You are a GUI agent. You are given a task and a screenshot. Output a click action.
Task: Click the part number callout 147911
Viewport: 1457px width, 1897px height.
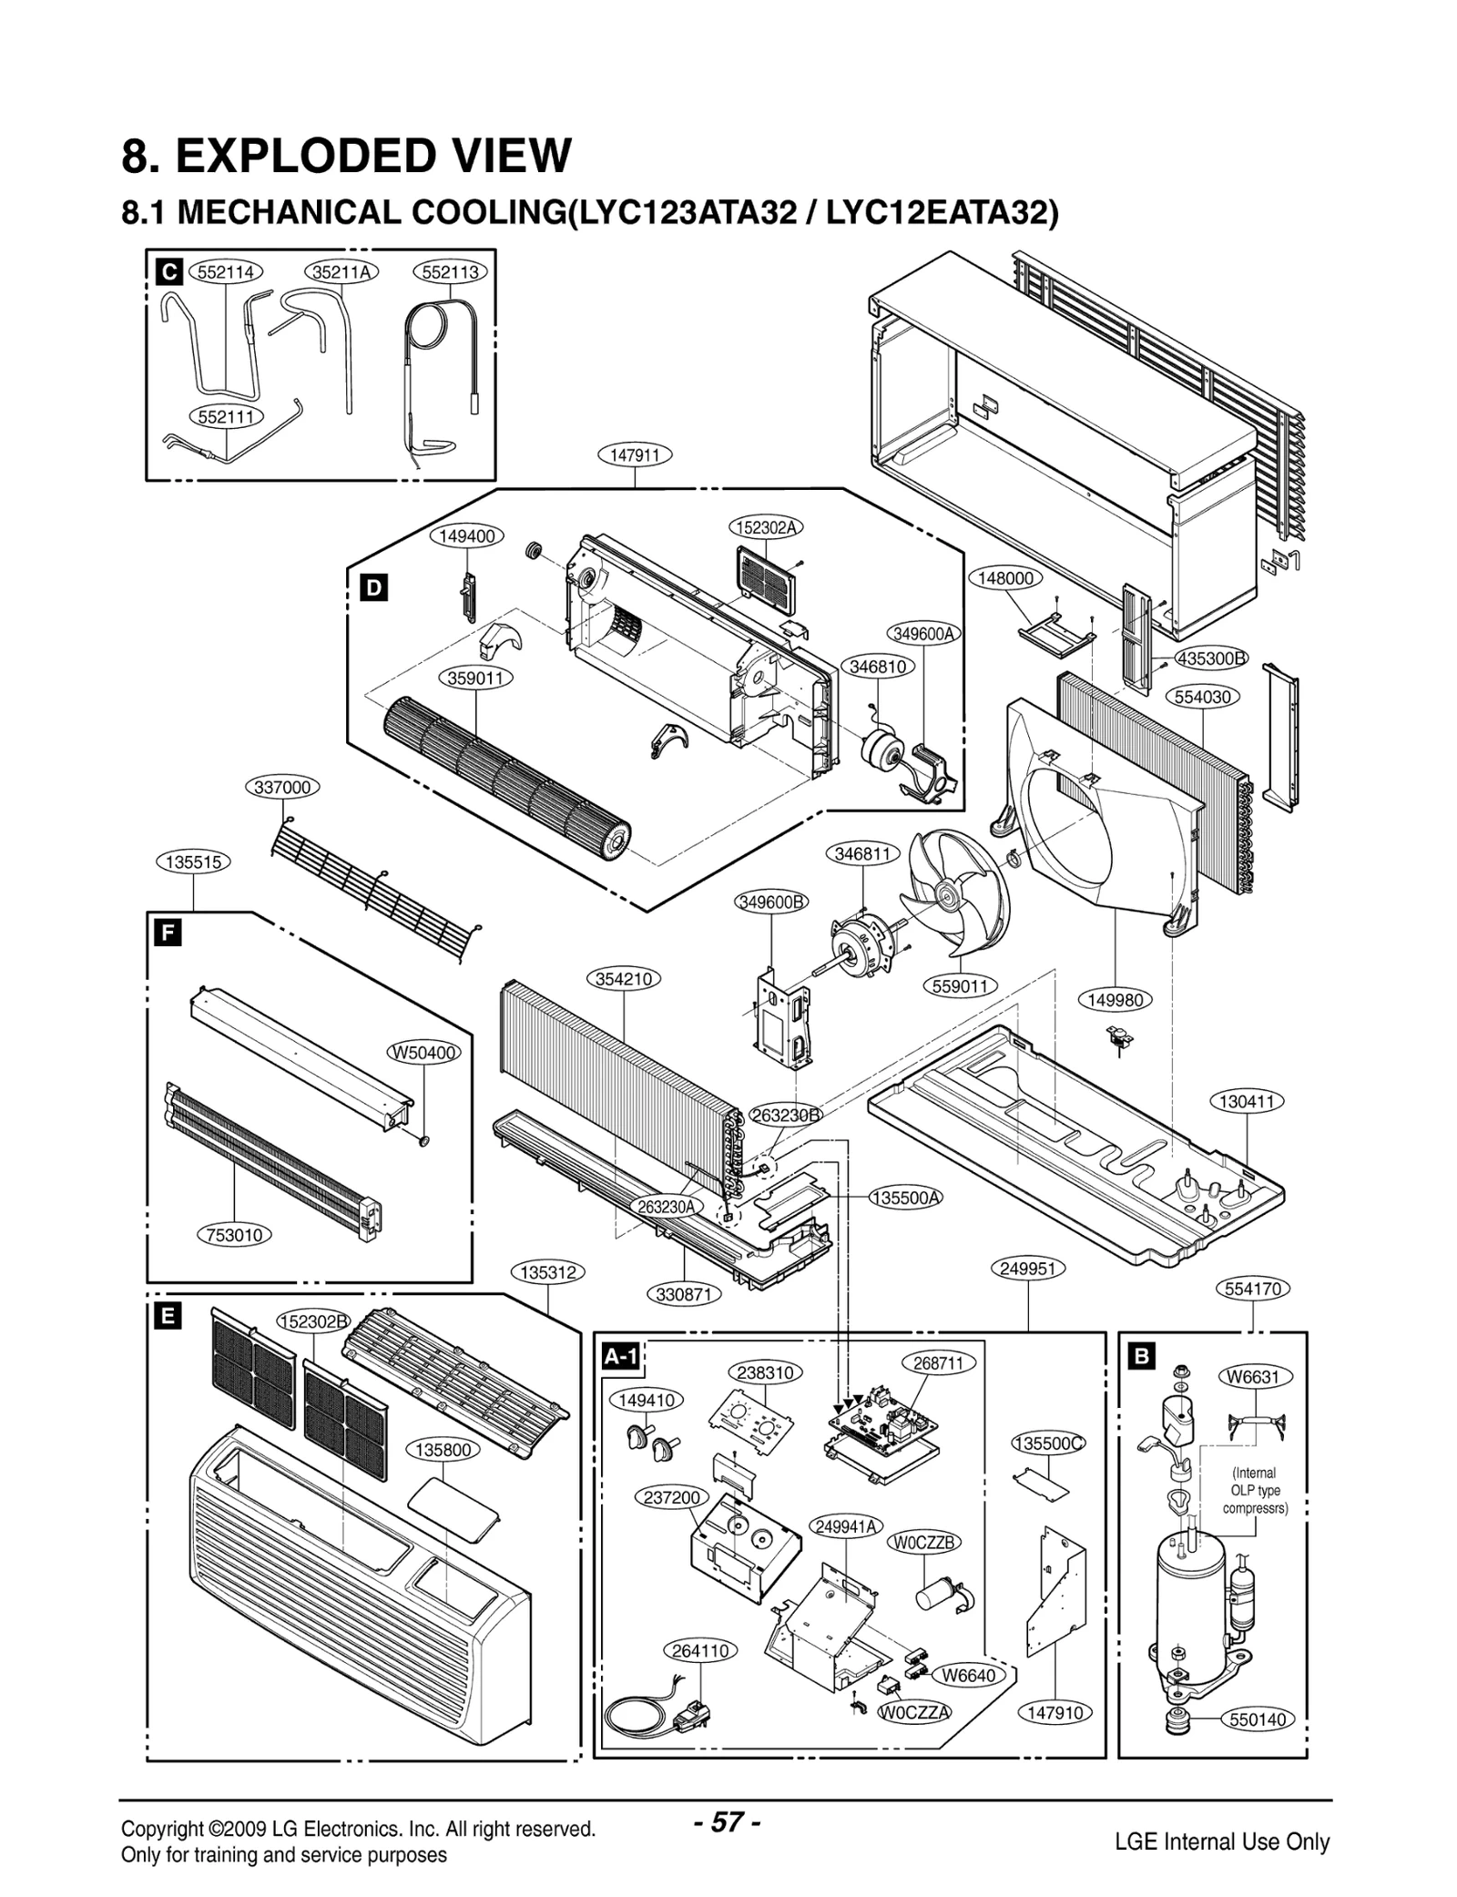pyautogui.click(x=635, y=454)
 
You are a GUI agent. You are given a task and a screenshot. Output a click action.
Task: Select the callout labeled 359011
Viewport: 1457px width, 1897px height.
pyautogui.click(x=476, y=678)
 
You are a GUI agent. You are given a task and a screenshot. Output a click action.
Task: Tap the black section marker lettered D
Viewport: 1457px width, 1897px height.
pyautogui.click(x=373, y=588)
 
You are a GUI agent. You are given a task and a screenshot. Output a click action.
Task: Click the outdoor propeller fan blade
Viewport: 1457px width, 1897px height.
pyautogui.click(x=956, y=893)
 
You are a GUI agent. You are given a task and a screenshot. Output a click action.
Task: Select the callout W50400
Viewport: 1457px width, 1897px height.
pyautogui.click(x=424, y=1053)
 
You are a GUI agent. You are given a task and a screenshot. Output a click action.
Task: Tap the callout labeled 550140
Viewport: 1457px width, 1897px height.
pyautogui.click(x=1258, y=1719)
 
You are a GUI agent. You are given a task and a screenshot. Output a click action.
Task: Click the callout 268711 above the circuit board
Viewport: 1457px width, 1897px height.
pyautogui.click(x=939, y=1363)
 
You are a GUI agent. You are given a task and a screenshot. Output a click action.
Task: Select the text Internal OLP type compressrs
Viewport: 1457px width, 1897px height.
pyautogui.click(x=1255, y=1490)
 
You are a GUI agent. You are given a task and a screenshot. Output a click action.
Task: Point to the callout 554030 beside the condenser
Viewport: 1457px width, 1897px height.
pyautogui.click(x=1203, y=697)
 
